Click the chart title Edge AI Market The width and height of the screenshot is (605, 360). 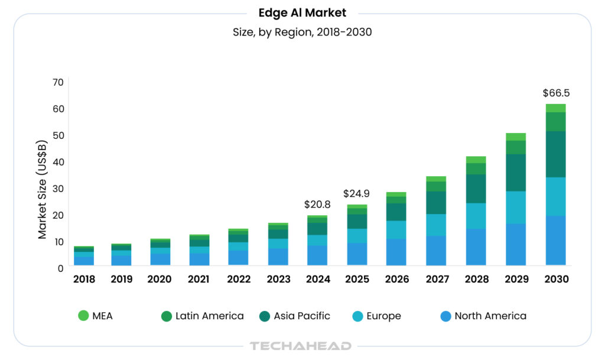point(302,12)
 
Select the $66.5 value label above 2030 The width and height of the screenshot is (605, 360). point(556,93)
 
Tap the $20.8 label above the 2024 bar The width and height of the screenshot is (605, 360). point(317,205)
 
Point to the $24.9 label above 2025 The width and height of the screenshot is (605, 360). point(357,193)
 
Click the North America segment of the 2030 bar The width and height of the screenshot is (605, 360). point(556,240)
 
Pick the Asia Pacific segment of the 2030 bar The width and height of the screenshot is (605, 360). point(556,154)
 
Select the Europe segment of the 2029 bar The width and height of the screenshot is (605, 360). point(516,207)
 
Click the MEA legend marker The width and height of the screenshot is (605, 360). point(83,316)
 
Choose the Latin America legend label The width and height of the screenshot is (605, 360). point(209,316)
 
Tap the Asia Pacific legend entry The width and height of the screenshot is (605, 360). point(301,316)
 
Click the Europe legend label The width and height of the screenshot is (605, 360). point(383,316)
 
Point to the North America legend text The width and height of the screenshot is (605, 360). point(490,316)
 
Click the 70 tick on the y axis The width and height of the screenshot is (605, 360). point(57,82)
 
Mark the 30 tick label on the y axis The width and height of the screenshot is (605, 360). point(57,188)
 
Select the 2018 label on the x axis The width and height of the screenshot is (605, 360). point(83,279)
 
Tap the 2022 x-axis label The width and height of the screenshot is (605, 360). point(238,279)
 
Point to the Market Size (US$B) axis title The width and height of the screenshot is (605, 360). point(43,189)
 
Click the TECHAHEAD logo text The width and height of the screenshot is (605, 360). point(301,346)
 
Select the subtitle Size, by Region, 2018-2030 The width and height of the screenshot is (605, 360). point(302,32)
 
